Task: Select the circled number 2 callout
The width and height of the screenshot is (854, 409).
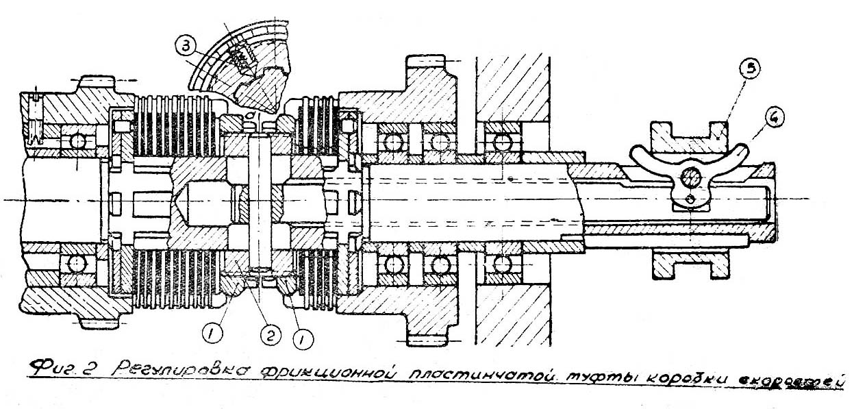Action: pos(270,334)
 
